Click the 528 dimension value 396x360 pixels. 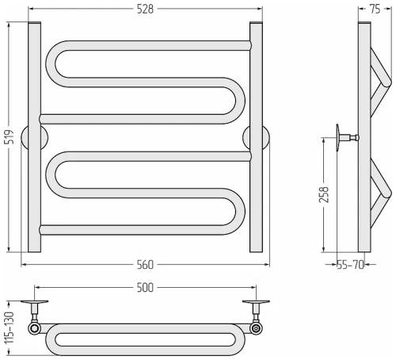point(145,10)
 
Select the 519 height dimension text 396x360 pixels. point(10,137)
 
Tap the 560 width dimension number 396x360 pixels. point(145,265)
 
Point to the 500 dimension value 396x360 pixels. point(145,288)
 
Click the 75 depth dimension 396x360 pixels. point(375,10)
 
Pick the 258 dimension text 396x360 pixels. point(324,195)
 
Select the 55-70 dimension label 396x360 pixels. point(350,265)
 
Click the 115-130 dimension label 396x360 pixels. point(10,327)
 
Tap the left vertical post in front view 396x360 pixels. point(34,137)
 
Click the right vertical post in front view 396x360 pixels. point(256,137)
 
